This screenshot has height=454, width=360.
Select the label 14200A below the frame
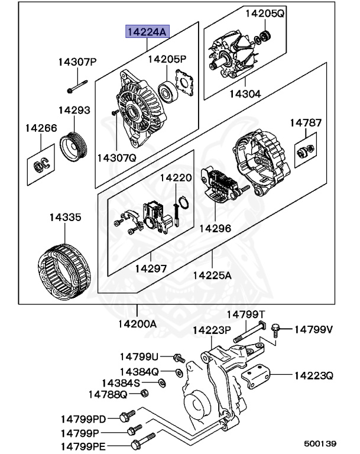tap(137, 324)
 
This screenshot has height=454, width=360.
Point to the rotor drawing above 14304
tap(233, 56)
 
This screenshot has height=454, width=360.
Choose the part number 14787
tap(306, 123)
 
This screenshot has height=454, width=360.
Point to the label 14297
tap(151, 268)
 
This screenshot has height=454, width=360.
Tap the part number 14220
tap(176, 177)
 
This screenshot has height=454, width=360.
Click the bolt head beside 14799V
tap(276, 328)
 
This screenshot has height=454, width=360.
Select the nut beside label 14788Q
tap(145, 393)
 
